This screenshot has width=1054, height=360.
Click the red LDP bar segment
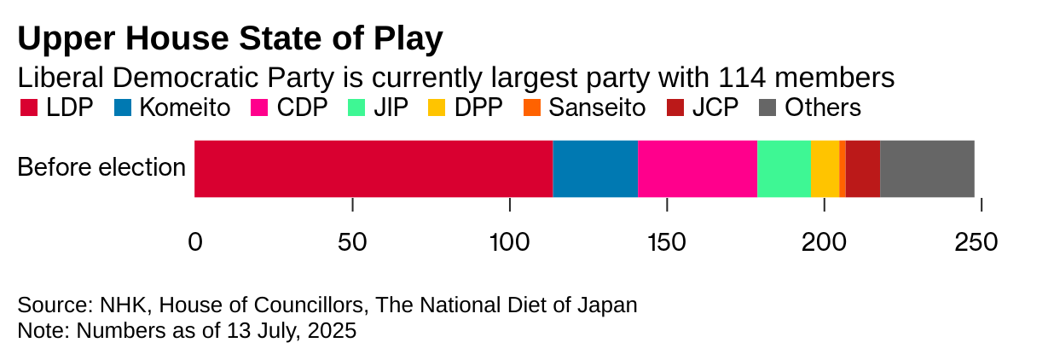point(374,169)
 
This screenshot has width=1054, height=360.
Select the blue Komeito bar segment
point(595,169)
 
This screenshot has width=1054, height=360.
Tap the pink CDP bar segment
point(698,169)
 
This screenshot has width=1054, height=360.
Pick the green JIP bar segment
point(785,169)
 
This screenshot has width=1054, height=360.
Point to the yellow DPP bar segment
point(825,169)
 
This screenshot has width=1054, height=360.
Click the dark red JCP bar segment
point(863,169)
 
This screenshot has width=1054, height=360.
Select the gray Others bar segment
point(927,169)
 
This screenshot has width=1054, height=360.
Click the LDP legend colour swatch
point(28,108)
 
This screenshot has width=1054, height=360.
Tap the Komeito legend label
point(184,108)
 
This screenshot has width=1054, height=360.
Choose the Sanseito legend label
point(597,108)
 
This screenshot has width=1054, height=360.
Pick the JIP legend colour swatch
point(358,108)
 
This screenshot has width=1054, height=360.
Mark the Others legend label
point(823,108)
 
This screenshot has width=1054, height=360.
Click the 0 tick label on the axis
point(195,242)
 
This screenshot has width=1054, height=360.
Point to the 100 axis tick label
point(509,242)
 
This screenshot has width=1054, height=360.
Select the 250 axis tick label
point(976,242)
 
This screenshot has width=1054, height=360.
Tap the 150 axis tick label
point(666,242)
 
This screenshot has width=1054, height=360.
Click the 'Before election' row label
point(101,168)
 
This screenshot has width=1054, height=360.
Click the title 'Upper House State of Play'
point(230,39)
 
